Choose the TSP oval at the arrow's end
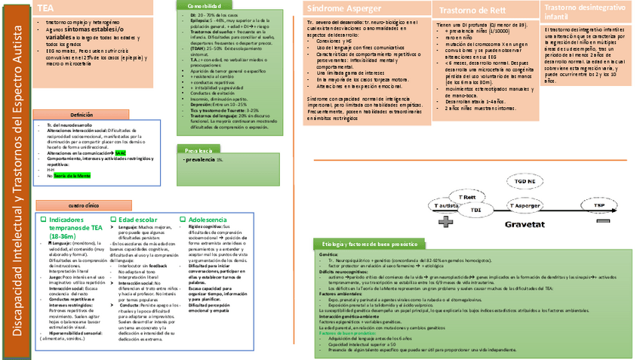point(598,205)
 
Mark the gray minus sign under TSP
point(599,222)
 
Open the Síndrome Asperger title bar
point(365,8)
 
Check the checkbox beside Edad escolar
point(113,219)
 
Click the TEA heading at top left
point(46,8)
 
